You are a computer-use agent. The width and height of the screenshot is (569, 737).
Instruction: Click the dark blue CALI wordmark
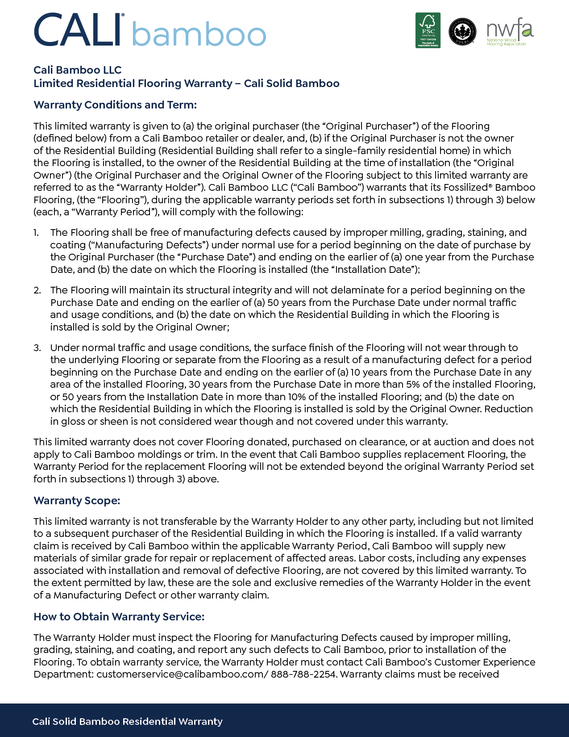79,30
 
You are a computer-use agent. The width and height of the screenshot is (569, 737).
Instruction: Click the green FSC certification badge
428,30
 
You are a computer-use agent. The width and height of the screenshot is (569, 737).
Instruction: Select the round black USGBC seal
462,32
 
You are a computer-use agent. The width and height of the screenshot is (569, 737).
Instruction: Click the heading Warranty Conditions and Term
115,105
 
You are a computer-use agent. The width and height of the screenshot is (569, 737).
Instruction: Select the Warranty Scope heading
77,501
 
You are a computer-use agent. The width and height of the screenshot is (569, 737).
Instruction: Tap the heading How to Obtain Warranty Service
119,617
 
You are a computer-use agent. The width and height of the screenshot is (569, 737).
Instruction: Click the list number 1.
36,233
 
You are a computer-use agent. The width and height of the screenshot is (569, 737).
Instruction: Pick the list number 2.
37,290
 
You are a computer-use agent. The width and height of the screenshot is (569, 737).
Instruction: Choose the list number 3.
37,348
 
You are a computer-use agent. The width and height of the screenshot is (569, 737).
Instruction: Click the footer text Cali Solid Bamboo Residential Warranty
127,722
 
